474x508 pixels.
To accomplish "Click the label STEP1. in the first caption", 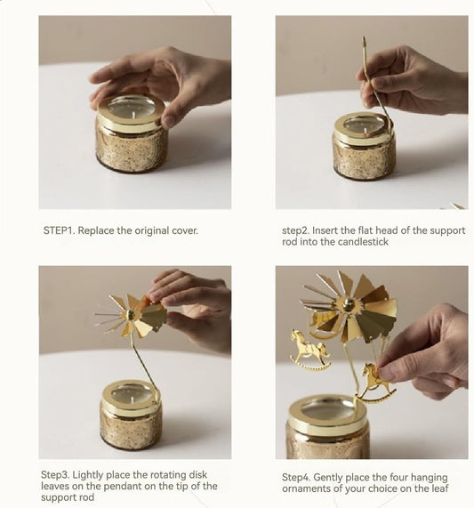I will coord(60,230).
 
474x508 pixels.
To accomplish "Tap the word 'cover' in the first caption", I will coord(181,230).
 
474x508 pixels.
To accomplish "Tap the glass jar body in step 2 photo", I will coord(363,158).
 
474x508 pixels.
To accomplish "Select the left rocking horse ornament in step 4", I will coord(309,349).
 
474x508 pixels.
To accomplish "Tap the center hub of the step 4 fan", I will coord(349,305).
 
